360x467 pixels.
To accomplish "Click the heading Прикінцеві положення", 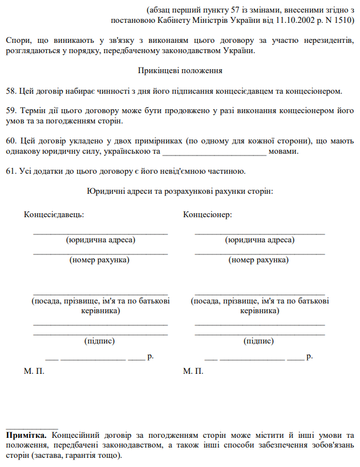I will [180, 71].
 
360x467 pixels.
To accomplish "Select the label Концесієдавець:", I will [54, 214].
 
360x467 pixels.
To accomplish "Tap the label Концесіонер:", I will [207, 214].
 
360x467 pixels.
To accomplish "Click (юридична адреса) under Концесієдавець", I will [101, 240].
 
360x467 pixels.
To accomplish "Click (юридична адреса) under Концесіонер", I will [260, 240].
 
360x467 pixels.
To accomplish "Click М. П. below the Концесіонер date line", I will [193, 371].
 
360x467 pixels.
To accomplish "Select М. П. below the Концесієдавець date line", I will [34, 371].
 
